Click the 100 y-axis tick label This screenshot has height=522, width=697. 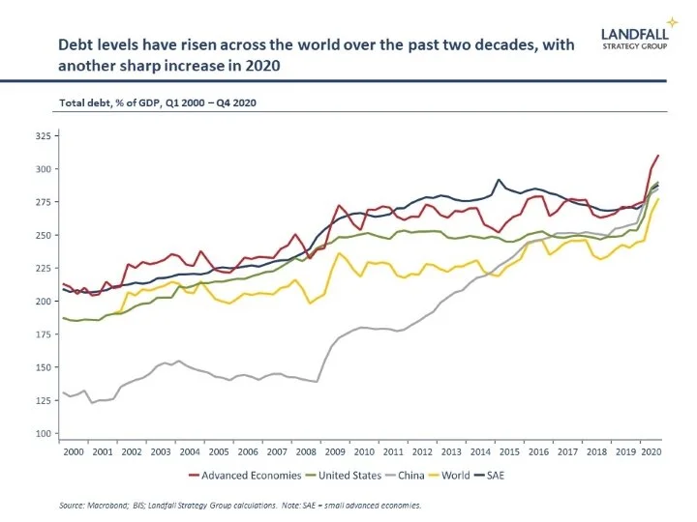coord(43,433)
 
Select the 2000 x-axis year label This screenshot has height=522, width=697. coord(72,450)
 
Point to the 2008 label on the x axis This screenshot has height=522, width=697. coord(306,450)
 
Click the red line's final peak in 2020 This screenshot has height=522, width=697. coord(658,156)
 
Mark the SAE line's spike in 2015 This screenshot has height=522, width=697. coord(499,180)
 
